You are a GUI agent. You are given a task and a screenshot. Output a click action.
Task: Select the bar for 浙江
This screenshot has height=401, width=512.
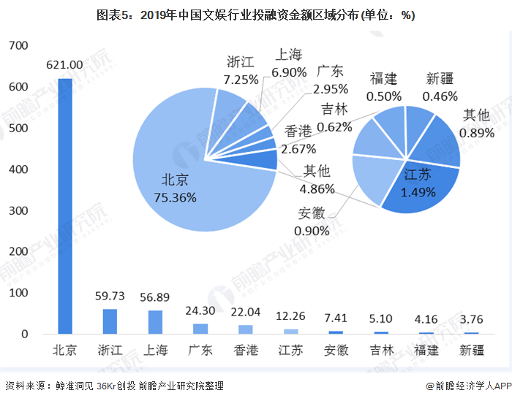[x=110, y=321]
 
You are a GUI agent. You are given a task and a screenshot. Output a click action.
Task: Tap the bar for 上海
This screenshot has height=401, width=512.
[x=155, y=322]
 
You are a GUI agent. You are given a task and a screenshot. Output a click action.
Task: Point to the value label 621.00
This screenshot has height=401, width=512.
[x=64, y=65]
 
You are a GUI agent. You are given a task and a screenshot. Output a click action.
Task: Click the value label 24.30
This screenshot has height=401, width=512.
[x=199, y=309]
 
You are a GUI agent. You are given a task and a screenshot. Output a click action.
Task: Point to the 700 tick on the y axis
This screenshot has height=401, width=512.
[x=18, y=46]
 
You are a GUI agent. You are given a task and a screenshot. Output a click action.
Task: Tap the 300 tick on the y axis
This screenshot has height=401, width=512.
[x=18, y=210]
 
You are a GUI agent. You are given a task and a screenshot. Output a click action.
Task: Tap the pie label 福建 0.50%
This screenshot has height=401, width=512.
[x=384, y=87]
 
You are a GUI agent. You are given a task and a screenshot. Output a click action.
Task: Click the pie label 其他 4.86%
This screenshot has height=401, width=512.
[x=316, y=180]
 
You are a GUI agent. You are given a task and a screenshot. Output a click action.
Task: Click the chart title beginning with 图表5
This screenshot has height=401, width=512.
[x=255, y=15]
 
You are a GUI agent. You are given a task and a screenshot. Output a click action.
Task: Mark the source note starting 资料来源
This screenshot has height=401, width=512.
[x=114, y=386]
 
